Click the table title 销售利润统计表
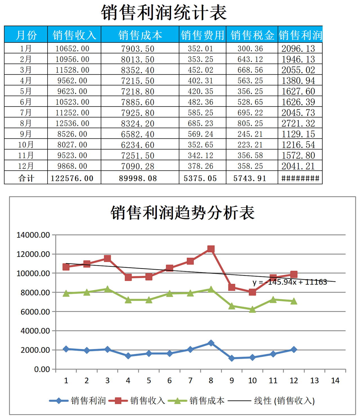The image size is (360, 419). pyautogui.click(x=164, y=13)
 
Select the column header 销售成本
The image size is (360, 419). pyautogui.click(x=140, y=35)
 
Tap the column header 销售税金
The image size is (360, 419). pyautogui.click(x=252, y=35)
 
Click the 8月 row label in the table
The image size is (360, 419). pyautogui.click(x=26, y=123)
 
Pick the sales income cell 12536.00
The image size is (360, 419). pyautogui.click(x=72, y=123)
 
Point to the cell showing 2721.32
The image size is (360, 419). pyautogui.click(x=298, y=123)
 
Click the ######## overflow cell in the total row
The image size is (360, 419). pyautogui.click(x=300, y=178)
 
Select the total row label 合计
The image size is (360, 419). pyautogui.click(x=26, y=178)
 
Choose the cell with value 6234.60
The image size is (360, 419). pyautogui.click(x=138, y=145)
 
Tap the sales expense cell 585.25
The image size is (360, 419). pyautogui.click(x=200, y=113)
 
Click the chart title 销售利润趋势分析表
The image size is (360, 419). pyautogui.click(x=182, y=213)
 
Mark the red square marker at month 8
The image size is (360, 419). pyautogui.click(x=211, y=249)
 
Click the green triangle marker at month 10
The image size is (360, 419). pyautogui.click(x=252, y=309)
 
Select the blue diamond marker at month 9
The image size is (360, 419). pyautogui.click(x=232, y=358)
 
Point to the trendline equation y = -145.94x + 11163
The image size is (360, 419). pyautogui.click(x=290, y=282)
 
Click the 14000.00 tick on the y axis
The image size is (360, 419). pyautogui.click(x=33, y=235)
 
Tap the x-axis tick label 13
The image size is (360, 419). pyautogui.click(x=314, y=381)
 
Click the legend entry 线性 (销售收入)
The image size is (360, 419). pyautogui.click(x=284, y=401)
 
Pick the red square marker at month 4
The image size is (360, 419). pyautogui.click(x=128, y=278)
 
